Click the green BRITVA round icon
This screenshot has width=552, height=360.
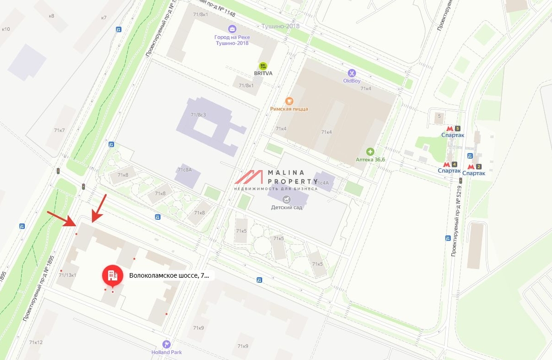tap(263, 66)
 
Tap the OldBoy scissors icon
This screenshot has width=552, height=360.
tap(351, 73)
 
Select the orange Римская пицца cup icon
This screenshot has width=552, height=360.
tap(289, 101)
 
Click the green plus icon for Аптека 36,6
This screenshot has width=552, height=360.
tap(370, 151)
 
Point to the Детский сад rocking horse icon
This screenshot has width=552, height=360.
tap(287, 199)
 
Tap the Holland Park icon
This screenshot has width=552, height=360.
tap(167, 344)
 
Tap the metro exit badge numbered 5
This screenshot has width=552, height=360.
tap(457, 129)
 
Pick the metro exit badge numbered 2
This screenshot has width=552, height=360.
tap(478, 167)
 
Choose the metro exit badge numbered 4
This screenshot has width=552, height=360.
tap(454, 164)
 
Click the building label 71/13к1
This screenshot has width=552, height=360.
tap(67, 274)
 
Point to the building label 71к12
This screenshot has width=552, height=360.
tap(35, 342)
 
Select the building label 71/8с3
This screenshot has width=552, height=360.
tap(198, 114)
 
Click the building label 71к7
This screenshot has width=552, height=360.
tap(59, 130)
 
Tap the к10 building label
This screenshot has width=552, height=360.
tap(6, 29)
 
